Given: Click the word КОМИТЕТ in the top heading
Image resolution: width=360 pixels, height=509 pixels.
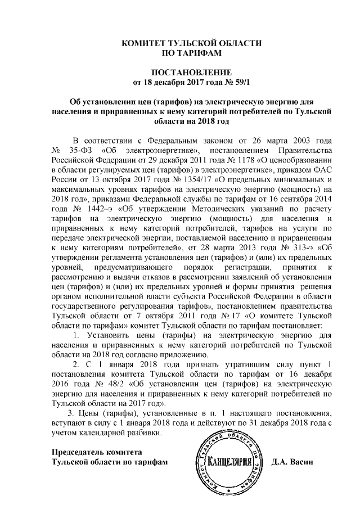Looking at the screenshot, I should tap(147, 43).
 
